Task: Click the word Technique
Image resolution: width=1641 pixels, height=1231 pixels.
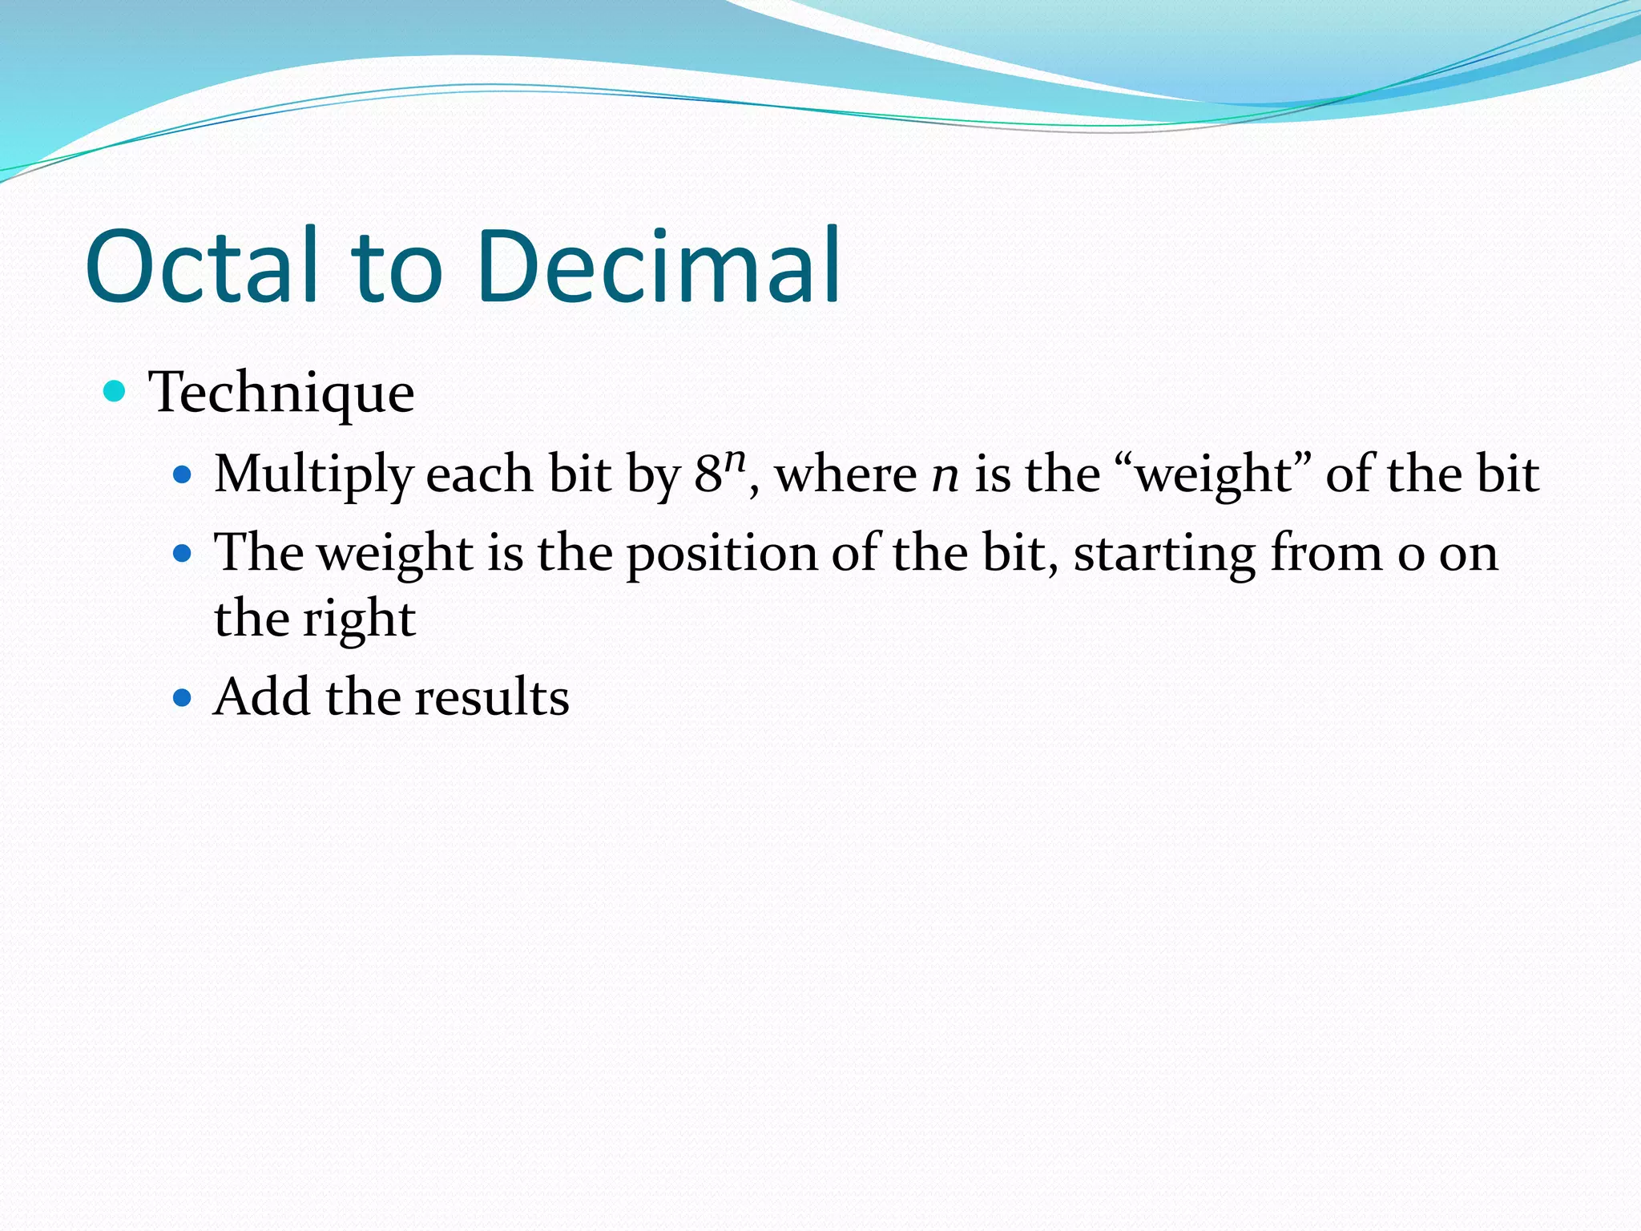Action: (281, 393)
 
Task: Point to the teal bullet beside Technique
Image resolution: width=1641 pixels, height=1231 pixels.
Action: (115, 391)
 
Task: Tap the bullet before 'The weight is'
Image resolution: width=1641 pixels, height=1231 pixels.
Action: (183, 553)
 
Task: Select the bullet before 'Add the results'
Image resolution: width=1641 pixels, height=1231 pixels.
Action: (183, 697)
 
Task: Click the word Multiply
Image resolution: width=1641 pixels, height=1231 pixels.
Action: (312, 474)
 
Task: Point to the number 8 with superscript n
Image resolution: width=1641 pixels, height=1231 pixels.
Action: (708, 474)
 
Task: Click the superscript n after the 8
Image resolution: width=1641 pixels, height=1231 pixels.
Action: (736, 460)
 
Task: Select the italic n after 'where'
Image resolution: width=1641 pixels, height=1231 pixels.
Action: (945, 476)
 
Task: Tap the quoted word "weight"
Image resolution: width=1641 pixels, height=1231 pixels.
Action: (1214, 474)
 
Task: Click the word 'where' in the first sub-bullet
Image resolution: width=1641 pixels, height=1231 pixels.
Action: (845, 474)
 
